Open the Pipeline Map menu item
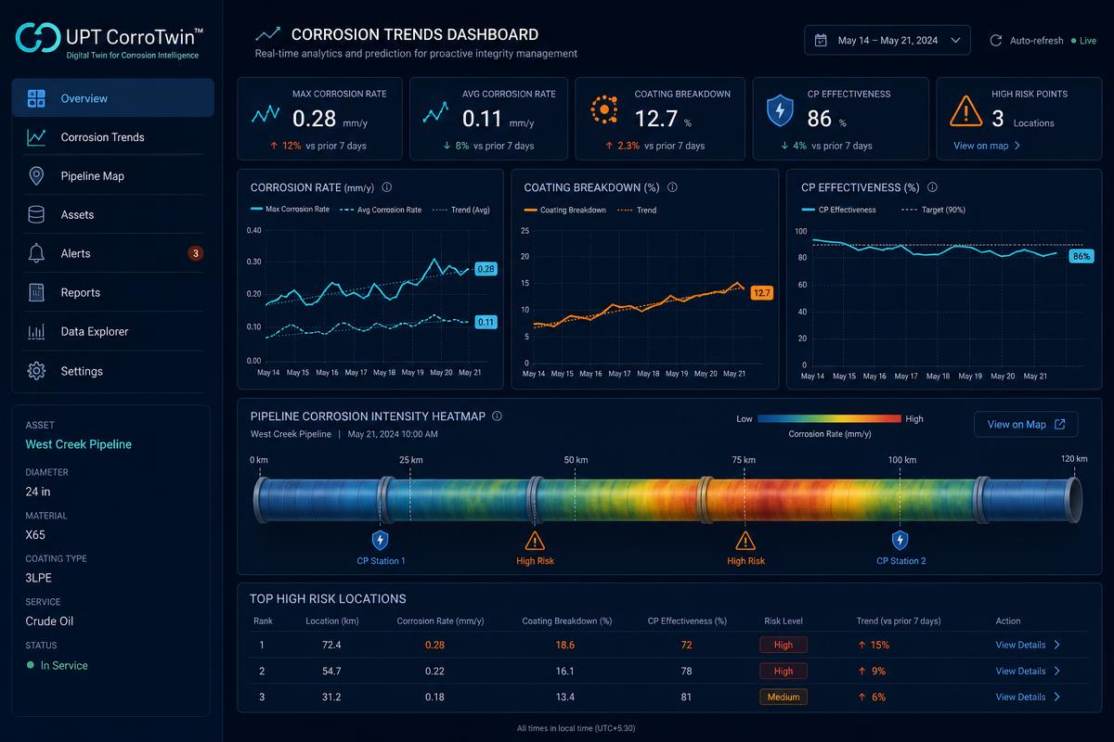pyautogui.click(x=92, y=176)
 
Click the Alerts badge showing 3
pyautogui.click(x=196, y=253)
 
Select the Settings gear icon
pyautogui.click(x=36, y=371)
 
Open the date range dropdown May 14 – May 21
pyautogui.click(x=887, y=40)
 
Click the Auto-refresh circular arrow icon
pyautogui.click(x=995, y=40)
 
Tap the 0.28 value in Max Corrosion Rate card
pyautogui.click(x=314, y=119)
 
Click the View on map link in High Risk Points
pyautogui.click(x=986, y=146)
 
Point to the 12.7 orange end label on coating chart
pyautogui.click(x=761, y=293)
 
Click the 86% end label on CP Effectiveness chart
pyautogui.click(x=1082, y=256)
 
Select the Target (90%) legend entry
pyautogui.click(x=933, y=210)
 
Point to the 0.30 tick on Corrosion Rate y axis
pyautogui.click(x=253, y=262)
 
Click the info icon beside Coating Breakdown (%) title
pyautogui.click(x=672, y=187)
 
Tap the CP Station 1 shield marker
pyautogui.click(x=380, y=540)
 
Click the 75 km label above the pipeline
pyautogui.click(x=744, y=460)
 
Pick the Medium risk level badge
pyautogui.click(x=784, y=697)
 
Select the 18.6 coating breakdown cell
pyautogui.click(x=565, y=645)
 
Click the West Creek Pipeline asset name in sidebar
pyautogui.click(x=79, y=444)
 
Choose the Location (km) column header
pyautogui.click(x=332, y=620)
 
